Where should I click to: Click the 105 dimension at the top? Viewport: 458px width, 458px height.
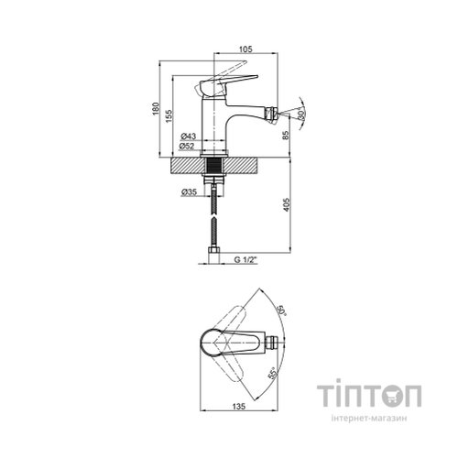coord(246,49)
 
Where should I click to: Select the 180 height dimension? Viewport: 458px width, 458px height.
coord(156,109)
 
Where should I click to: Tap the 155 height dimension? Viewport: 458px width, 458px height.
coord(169,116)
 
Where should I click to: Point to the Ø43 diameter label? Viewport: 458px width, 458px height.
coord(188,136)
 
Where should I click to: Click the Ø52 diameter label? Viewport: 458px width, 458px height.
coord(187,147)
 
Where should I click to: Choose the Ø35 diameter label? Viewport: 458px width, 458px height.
coord(189,192)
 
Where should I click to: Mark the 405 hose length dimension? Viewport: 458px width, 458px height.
coord(286,205)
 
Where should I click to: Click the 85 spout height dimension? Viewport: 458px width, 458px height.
coord(286,136)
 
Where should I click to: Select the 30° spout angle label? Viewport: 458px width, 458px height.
coord(301,114)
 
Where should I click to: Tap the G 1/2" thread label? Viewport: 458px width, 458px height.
coord(245,260)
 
